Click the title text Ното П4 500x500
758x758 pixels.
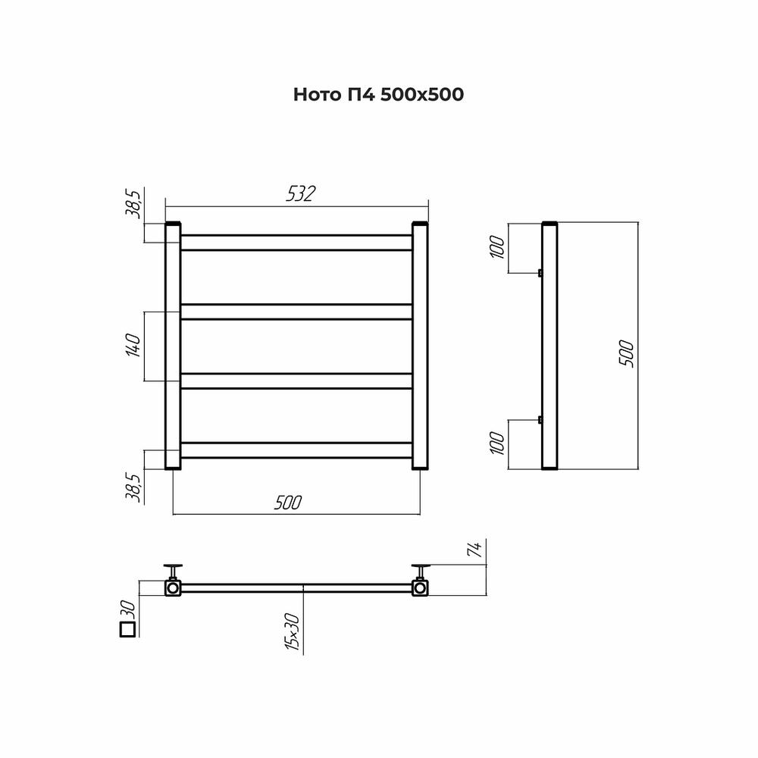[x=378, y=94]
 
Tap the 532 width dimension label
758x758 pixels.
[x=300, y=194]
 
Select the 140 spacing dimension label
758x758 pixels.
[x=133, y=345]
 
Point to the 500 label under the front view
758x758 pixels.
[x=287, y=503]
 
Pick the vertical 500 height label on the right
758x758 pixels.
[x=626, y=354]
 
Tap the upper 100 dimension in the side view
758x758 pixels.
[x=497, y=247]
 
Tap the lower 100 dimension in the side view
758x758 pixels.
[x=497, y=443]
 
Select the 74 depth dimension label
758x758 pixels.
[x=476, y=550]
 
